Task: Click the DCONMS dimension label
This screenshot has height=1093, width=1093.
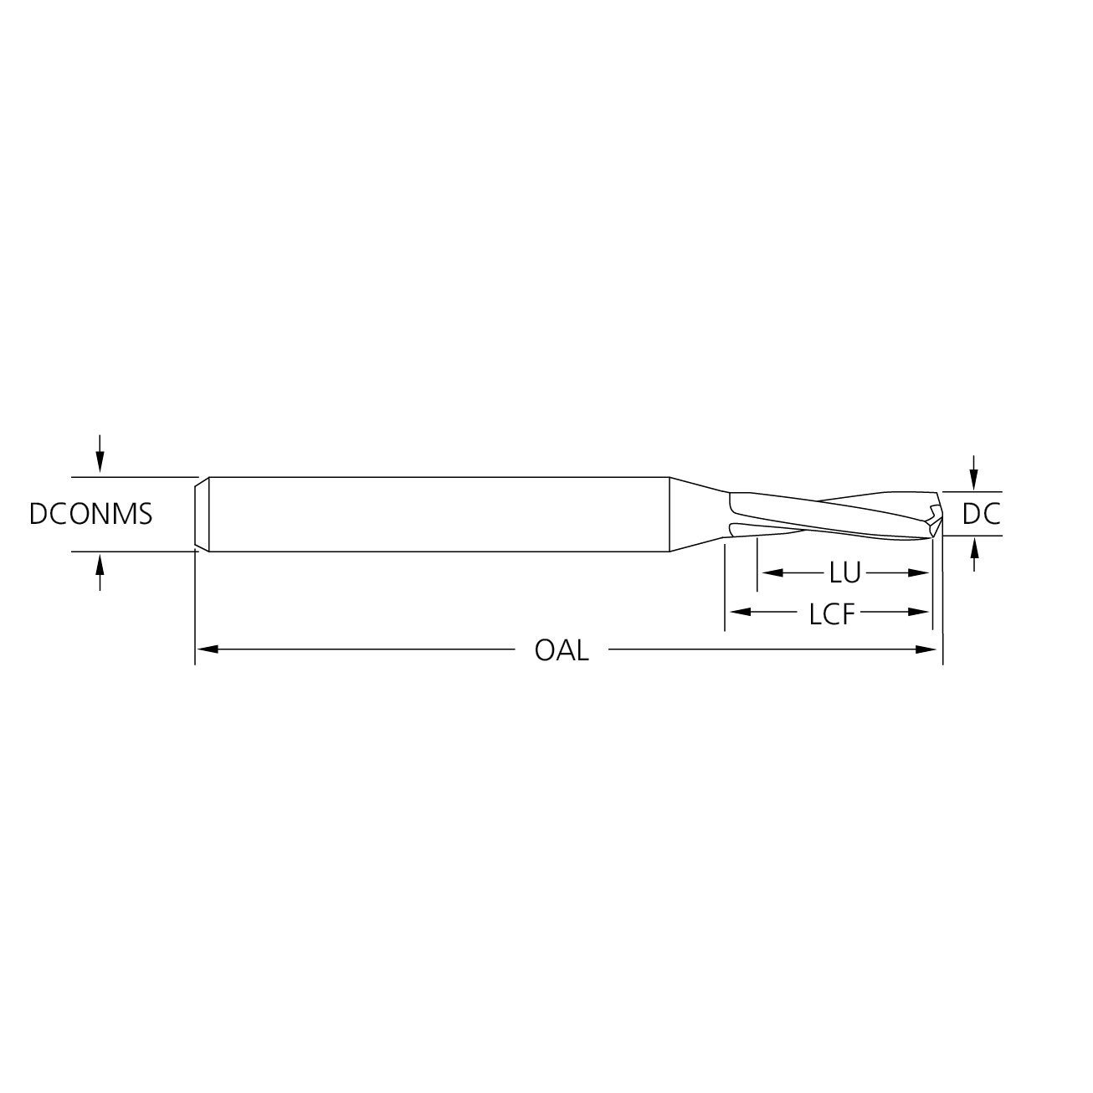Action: pyautogui.click(x=90, y=514)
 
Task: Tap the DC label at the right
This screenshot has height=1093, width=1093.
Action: pyautogui.click(x=981, y=514)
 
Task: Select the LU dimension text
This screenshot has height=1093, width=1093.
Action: pyautogui.click(x=844, y=573)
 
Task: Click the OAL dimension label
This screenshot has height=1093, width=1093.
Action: pyautogui.click(x=562, y=650)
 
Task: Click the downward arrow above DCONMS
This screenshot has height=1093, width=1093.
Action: pyautogui.click(x=100, y=454)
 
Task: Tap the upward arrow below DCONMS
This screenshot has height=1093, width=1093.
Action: pyautogui.click(x=100, y=573)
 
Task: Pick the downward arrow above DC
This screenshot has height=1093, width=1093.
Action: pyautogui.click(x=974, y=472)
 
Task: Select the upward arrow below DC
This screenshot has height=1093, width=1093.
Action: pyautogui.click(x=974, y=553)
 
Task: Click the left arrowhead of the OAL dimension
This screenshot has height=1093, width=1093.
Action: pyautogui.click(x=207, y=649)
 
